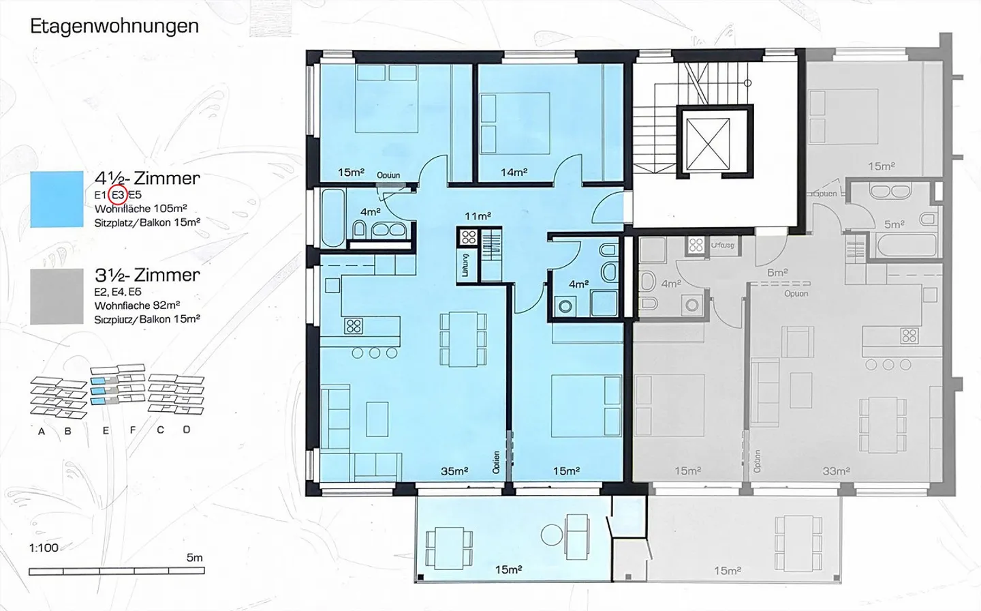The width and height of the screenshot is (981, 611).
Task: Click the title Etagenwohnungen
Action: coord(114,27)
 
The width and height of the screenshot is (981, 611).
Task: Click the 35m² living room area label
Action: coord(454,471)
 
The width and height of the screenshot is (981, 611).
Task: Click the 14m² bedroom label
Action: coord(514,173)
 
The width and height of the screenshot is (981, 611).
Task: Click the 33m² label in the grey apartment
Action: coord(836,471)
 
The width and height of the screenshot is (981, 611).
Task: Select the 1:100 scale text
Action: coord(44,548)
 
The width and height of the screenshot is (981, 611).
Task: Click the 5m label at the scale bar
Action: coord(194,558)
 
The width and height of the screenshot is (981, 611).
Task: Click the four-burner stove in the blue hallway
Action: coord(468,238)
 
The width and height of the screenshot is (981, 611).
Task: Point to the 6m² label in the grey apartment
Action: coord(777,272)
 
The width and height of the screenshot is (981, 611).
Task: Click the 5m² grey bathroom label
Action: coord(894,224)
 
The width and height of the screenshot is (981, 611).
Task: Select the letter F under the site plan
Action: coord(133,430)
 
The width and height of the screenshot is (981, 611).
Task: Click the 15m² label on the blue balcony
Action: coord(508,569)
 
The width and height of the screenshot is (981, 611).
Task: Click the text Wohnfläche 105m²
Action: coord(141,209)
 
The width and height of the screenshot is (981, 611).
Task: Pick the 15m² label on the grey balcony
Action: coord(727,571)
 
